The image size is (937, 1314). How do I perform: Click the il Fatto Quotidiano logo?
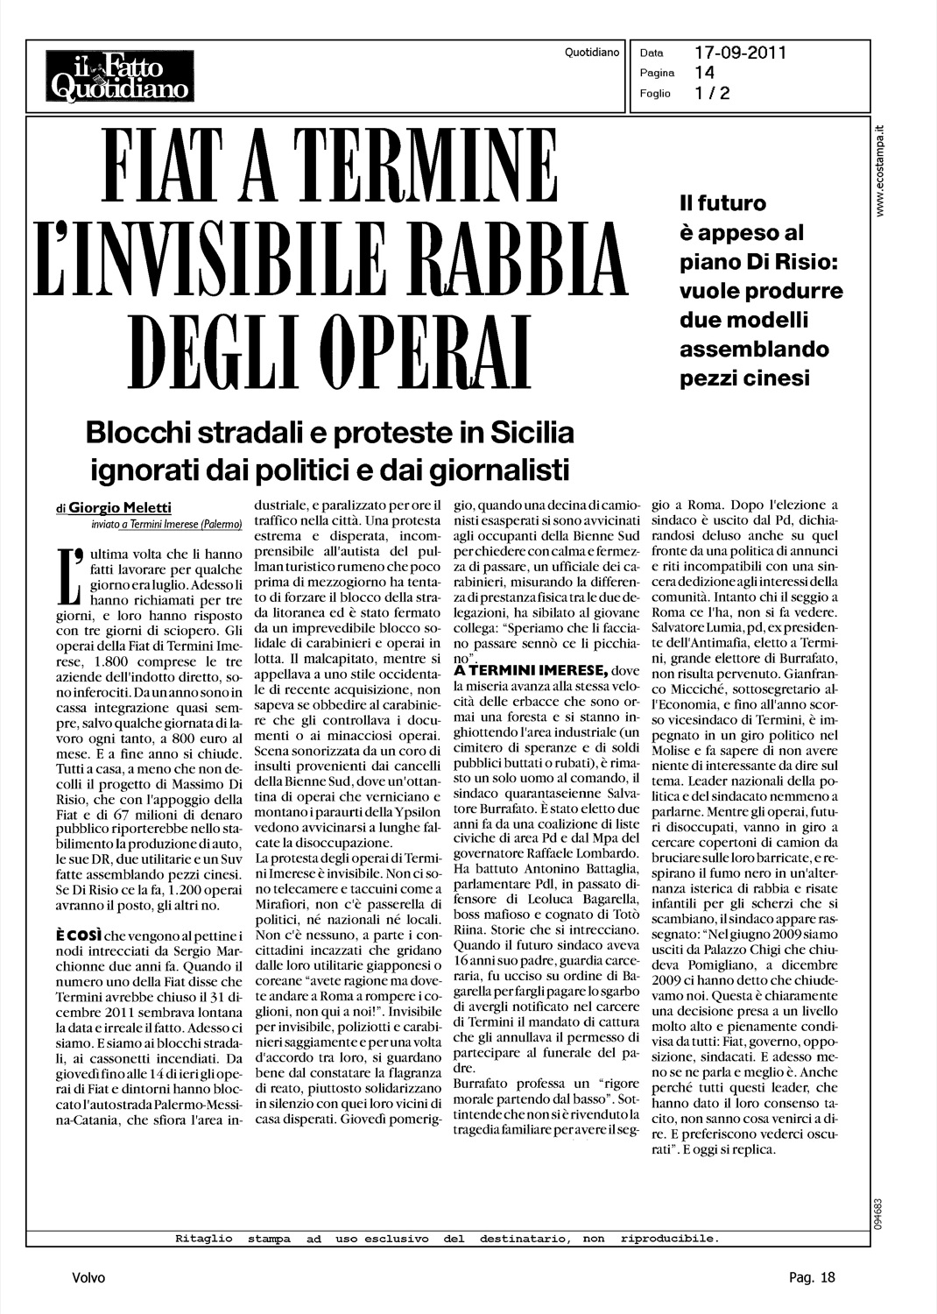click(120, 75)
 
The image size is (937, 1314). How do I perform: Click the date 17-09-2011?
click(740, 53)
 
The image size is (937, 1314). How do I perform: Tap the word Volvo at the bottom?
click(88, 1278)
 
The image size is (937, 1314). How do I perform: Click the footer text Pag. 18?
click(807, 1278)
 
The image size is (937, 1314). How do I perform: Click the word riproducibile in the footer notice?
click(669, 1239)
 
